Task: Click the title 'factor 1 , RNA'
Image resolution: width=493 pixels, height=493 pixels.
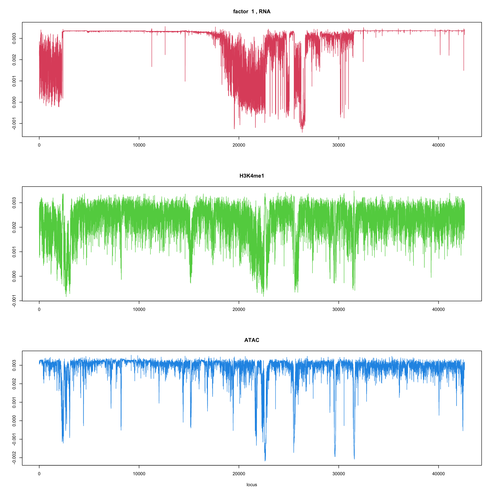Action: (252, 12)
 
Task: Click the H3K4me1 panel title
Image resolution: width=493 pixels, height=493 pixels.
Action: (252, 176)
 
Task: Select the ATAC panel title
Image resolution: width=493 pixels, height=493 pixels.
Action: (252, 340)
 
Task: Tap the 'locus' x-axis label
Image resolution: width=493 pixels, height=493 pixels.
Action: (252, 485)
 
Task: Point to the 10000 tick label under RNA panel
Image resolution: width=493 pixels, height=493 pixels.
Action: (139, 145)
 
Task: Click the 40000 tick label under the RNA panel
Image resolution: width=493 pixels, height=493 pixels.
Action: (438, 145)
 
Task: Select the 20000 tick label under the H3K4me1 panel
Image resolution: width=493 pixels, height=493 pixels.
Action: (239, 310)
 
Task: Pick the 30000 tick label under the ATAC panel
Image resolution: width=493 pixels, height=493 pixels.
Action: (339, 474)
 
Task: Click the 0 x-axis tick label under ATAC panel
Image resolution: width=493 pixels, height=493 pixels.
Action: (39, 474)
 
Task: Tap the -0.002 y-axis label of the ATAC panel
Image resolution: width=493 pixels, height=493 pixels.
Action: (14, 458)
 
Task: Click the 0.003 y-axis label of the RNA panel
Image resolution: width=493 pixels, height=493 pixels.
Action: (14, 38)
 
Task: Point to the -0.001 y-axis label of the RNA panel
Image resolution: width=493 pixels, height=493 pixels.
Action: (14, 124)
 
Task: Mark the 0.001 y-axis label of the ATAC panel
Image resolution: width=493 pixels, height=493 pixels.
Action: (14, 402)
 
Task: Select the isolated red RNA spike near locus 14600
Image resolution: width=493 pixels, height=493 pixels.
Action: (185, 81)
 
